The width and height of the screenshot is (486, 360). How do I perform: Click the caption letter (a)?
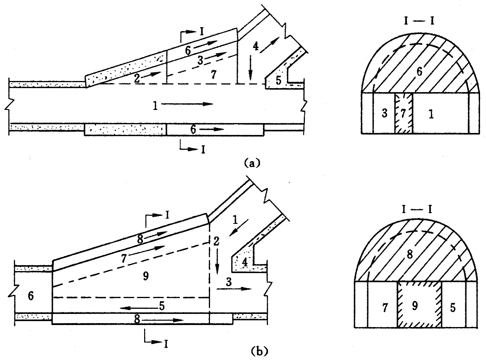[x=253, y=162]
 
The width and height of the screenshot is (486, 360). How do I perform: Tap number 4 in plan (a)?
[x=256, y=46]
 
